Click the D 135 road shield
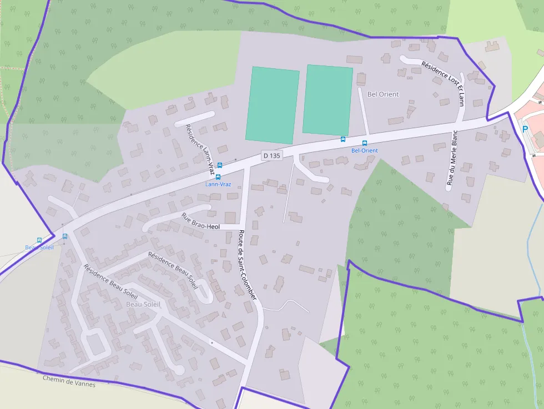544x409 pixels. (272, 156)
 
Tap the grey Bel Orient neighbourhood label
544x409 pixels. (383, 94)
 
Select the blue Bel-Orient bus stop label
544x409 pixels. (365, 150)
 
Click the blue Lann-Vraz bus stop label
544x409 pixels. (218, 184)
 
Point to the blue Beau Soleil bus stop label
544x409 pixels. (39, 247)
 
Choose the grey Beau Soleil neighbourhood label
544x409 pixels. (143, 304)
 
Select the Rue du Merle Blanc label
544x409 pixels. (452, 158)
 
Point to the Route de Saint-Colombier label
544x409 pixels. (247, 265)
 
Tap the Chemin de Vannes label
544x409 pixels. (69, 381)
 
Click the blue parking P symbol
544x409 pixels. (525, 129)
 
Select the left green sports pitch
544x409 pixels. (273, 104)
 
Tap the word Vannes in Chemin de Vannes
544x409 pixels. (84, 383)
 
